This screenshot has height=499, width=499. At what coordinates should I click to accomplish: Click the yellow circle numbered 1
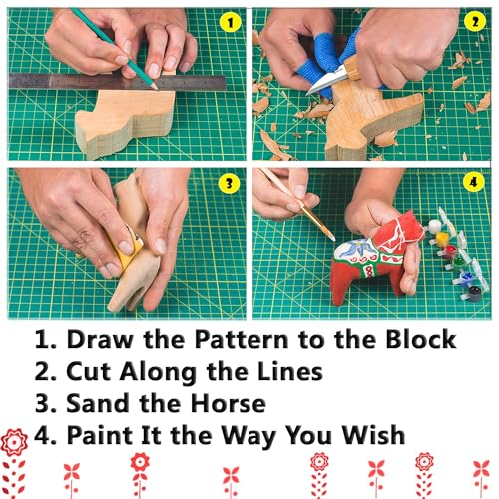tap(229, 22)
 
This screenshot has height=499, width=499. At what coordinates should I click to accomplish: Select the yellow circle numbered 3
tap(229, 184)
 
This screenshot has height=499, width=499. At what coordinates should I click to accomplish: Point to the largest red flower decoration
tap(15, 444)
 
